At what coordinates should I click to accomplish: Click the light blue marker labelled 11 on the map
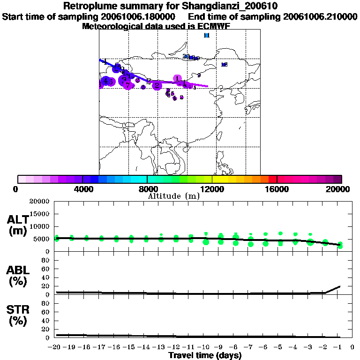pos(207,35)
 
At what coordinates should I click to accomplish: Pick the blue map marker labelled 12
pos(224,65)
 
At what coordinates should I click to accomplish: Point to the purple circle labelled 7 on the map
pos(127,85)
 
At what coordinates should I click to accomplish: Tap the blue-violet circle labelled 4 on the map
pos(106,81)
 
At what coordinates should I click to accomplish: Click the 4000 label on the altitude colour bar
pos(82,189)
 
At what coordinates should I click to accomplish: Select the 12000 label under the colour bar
pos(212,189)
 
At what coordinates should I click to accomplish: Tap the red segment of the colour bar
pos(273,179)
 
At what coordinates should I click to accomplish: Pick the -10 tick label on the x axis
pos(205,347)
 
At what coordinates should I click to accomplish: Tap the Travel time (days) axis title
pos(205,355)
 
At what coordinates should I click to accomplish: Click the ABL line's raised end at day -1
pos(339,286)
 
